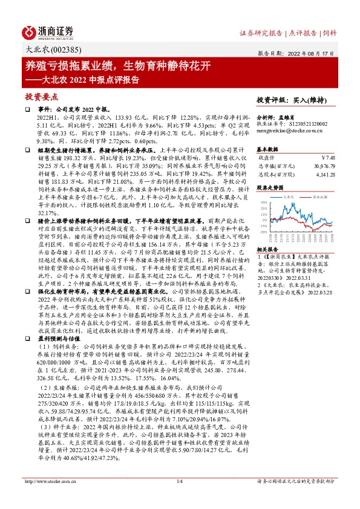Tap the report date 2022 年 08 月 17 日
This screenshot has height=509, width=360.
tap(312, 53)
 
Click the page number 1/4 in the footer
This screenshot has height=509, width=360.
tap(180, 498)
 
